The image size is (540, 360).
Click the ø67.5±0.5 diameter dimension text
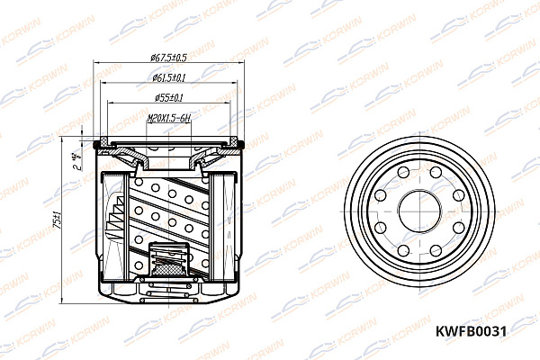pos(168,60)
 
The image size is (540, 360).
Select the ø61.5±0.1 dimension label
pos(168,79)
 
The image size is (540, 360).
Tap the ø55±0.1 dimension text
pos(168,97)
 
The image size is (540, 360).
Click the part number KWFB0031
pos(471,330)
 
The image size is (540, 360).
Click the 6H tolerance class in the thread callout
pos(187,116)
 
